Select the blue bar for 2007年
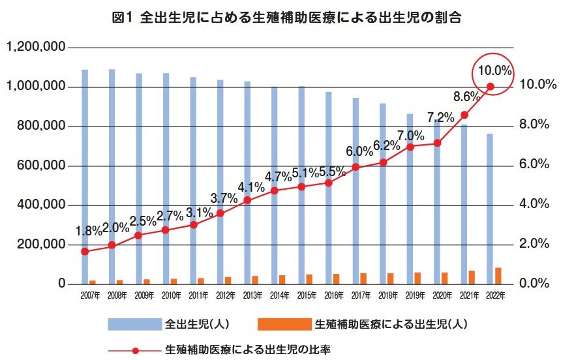click(x=85, y=176)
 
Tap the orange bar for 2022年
click(x=498, y=276)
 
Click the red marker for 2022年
click(x=491, y=87)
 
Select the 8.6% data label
click(x=467, y=97)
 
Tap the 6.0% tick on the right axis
click(x=537, y=164)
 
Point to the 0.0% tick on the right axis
click(x=537, y=284)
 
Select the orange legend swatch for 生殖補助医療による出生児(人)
click(x=285, y=323)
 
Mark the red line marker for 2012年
click(x=220, y=213)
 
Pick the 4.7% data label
click(x=279, y=177)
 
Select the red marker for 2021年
click(x=464, y=115)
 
